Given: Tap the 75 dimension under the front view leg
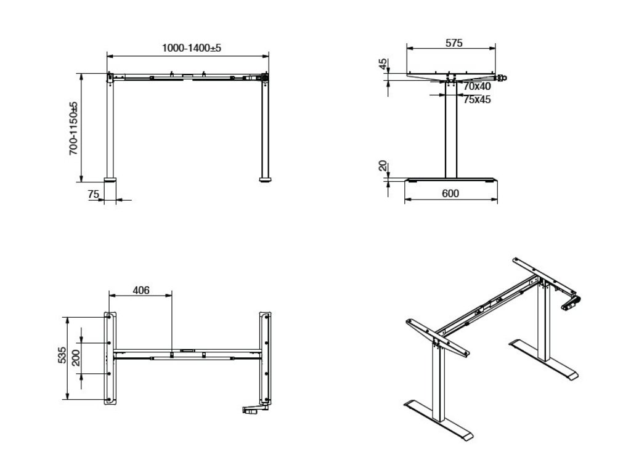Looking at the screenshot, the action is tap(94, 194).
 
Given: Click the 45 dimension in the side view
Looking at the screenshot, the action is tap(383, 65).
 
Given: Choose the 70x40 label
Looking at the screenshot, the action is tap(477, 87).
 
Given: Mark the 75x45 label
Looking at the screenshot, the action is tap(477, 99).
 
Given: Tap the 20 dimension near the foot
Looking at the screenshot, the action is tap(383, 166).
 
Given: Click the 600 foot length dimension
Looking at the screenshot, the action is tap(450, 193).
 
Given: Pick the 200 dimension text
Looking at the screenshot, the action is tap(76, 357).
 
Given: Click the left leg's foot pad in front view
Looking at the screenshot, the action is tap(111, 181).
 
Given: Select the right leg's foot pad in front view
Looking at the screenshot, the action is tap(265, 181).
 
